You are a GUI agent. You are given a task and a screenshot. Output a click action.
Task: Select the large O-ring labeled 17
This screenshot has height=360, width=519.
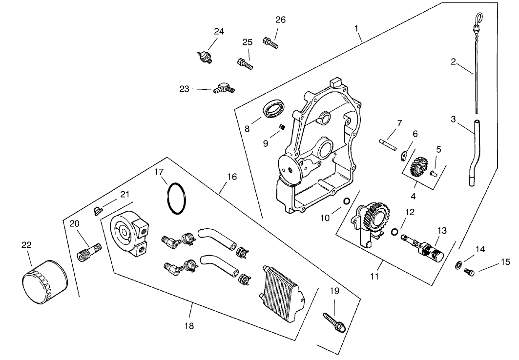point(176,198)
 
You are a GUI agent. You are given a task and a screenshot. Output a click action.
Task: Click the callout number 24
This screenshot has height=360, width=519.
point(219,32)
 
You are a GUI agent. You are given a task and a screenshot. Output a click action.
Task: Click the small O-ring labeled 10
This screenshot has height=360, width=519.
point(346,201)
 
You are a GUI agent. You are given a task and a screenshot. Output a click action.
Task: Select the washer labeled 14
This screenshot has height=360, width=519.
point(459,264)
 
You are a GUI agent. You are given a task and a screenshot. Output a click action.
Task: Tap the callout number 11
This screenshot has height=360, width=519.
point(374,277)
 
